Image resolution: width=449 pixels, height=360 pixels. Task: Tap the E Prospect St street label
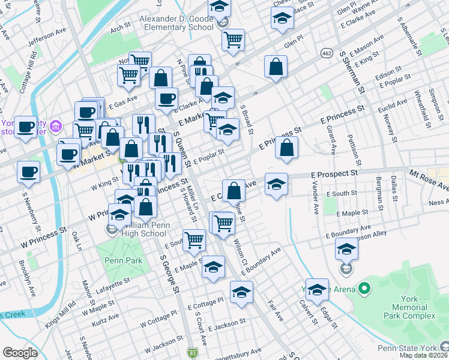[x=334, y=173]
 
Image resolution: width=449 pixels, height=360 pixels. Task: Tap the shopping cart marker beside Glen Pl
[x=233, y=40]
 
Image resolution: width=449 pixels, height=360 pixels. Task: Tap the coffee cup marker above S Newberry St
[x=28, y=172]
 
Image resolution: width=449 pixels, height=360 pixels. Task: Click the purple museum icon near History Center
[x=55, y=126]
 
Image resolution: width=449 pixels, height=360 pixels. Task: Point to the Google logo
[x=20, y=352]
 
